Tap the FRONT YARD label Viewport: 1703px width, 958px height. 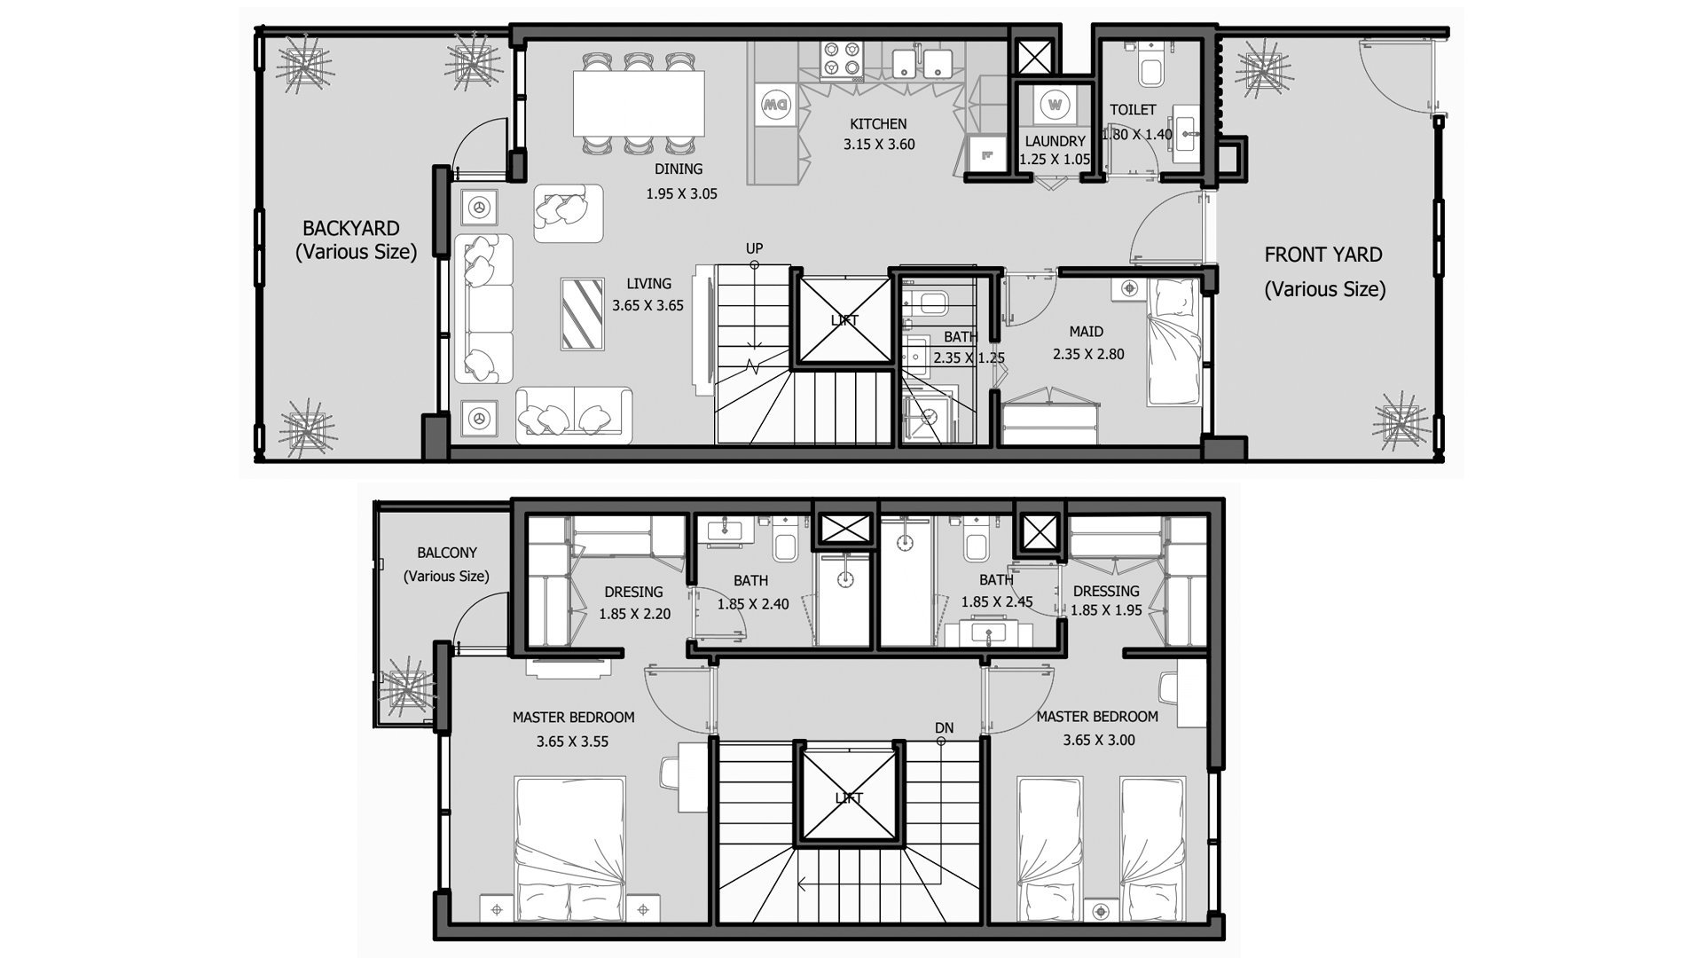(x=1322, y=255)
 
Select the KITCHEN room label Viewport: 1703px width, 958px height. (x=878, y=124)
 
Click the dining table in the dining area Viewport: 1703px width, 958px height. (x=639, y=103)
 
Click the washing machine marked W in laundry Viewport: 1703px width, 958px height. (x=1054, y=106)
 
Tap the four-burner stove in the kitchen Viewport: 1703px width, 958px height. (x=842, y=59)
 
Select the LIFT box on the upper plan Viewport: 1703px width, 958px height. (x=844, y=319)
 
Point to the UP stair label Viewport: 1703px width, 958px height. (x=754, y=248)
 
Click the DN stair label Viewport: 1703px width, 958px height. (x=944, y=728)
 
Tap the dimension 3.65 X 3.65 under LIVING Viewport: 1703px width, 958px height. (x=647, y=306)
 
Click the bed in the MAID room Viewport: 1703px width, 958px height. (x=1175, y=342)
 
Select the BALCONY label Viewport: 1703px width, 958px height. (x=447, y=553)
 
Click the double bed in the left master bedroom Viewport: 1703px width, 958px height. (x=569, y=850)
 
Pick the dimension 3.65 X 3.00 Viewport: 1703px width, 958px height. (x=1099, y=740)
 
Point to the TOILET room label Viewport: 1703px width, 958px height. (x=1133, y=110)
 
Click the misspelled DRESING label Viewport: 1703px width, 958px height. (x=633, y=592)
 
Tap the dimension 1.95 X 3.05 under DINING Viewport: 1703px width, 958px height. (x=681, y=193)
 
